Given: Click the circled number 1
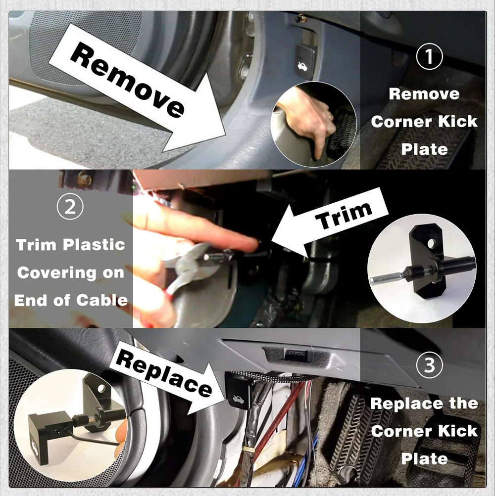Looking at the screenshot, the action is (429, 56).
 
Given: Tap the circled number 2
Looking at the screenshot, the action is (70, 206).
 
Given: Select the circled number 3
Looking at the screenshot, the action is (429, 365).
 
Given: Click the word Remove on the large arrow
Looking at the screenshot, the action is (127, 79).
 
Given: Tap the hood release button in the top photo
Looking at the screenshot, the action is (305, 62).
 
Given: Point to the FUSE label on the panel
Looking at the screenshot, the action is (296, 354).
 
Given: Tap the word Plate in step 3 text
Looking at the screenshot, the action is (424, 458).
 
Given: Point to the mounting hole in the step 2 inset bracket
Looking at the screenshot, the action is (431, 244).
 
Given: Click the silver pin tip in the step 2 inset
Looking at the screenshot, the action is (373, 279).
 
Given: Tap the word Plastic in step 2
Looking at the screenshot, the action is (94, 244).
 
